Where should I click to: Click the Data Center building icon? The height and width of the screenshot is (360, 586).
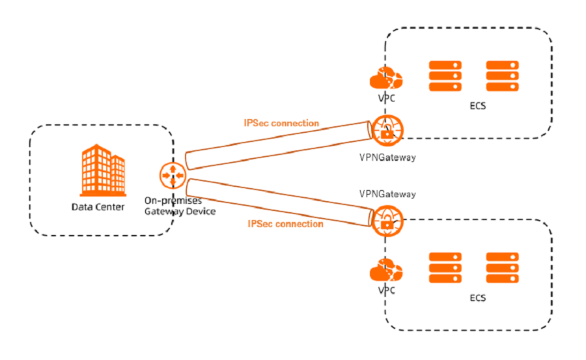[102, 171]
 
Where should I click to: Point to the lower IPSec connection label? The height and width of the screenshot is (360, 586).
[285, 224]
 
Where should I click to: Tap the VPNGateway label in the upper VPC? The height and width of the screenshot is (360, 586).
[387, 157]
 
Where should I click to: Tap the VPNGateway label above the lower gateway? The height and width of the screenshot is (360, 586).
[387, 194]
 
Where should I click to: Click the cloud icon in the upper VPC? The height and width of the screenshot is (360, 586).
[386, 79]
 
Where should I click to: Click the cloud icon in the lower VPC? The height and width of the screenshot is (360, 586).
[386, 270]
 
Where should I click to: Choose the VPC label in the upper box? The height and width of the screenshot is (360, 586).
[386, 98]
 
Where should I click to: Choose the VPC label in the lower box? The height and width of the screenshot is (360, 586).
[386, 290]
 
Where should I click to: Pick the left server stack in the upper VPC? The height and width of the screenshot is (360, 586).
[445, 76]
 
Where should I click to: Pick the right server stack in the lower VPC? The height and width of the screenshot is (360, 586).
[502, 268]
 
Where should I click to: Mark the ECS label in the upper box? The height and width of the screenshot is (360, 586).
[477, 106]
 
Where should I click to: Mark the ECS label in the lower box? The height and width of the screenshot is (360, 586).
[477, 298]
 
